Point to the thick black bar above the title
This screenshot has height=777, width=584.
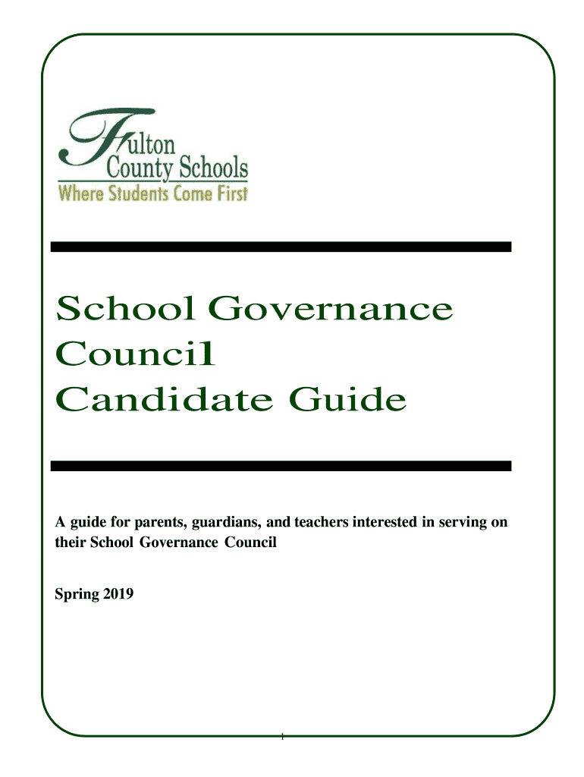(x=281, y=247)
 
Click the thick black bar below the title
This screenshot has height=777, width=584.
(x=281, y=465)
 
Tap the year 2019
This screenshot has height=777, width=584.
(x=118, y=595)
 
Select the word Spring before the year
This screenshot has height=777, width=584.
(x=77, y=596)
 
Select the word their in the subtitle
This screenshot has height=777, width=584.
(x=70, y=543)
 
